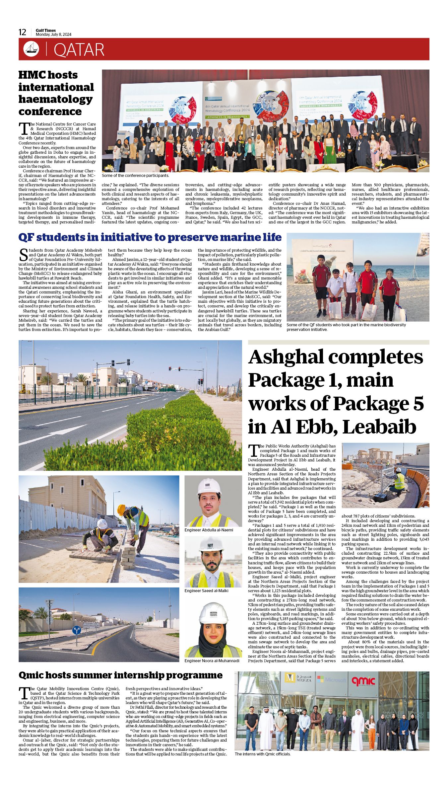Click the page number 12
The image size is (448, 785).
tap(22, 32)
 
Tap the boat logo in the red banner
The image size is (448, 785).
tap(31, 49)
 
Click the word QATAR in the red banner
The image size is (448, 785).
tap(79, 50)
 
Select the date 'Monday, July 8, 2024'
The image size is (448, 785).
tap(53, 35)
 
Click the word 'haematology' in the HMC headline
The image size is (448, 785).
tap(55, 99)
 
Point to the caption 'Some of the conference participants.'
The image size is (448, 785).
tap(135, 175)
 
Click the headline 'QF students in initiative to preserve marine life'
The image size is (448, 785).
tap(150, 237)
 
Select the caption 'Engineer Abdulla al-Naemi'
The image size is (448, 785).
tap(209, 530)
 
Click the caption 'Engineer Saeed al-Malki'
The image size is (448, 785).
tap(206, 591)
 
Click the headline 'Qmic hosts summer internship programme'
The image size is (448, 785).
tap(120, 675)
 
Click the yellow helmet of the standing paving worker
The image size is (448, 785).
tap(121, 510)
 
